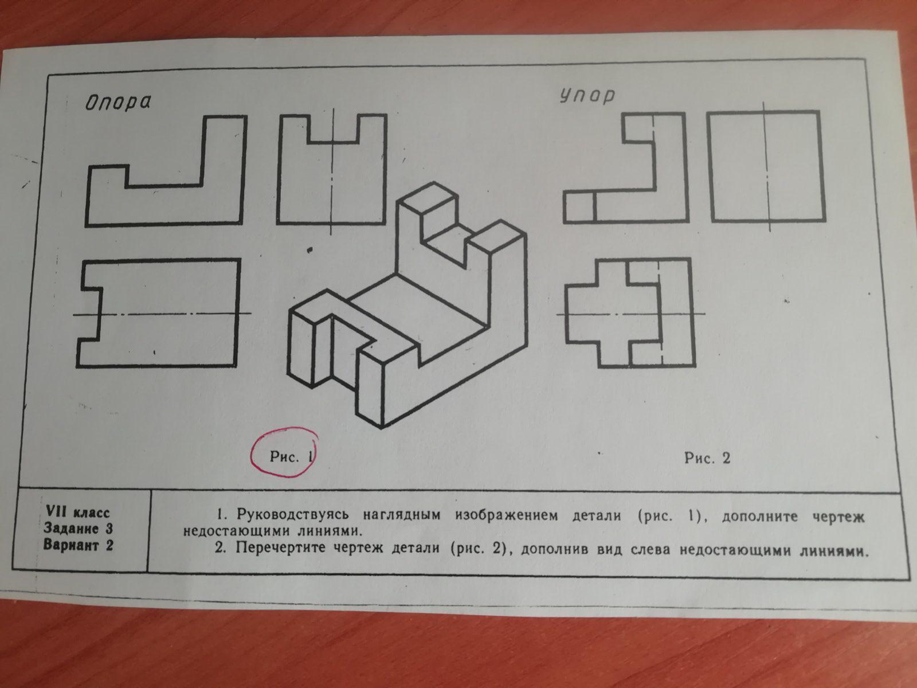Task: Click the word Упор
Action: click(x=587, y=96)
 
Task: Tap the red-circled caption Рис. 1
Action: click(x=291, y=456)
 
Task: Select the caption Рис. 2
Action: click(x=708, y=458)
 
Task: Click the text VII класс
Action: click(x=78, y=512)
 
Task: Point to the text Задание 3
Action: click(x=78, y=529)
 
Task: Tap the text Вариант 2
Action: click(x=78, y=546)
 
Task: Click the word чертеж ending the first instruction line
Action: click(x=838, y=517)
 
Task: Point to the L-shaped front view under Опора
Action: click(x=166, y=171)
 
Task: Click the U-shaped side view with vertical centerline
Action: click(x=332, y=169)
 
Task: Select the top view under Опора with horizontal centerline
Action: click(x=158, y=313)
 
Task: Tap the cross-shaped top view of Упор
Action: click(x=629, y=313)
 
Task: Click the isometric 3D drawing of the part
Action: click(x=407, y=306)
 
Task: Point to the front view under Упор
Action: click(x=625, y=167)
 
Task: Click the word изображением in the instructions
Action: click(x=506, y=515)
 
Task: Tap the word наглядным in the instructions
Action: click(x=402, y=515)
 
